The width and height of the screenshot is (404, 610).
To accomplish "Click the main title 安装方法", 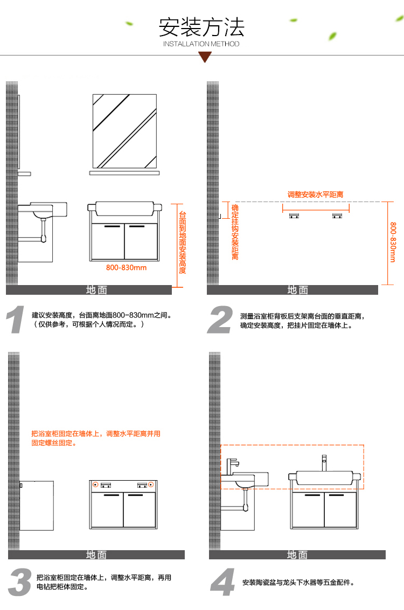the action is coord(201,26).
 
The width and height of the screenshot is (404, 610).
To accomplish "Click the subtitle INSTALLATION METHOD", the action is coord(201,44).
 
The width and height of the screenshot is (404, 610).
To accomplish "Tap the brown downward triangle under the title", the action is coord(205,57).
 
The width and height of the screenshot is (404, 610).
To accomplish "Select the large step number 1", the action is coord(16,320).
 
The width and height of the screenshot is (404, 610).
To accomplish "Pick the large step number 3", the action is coord(20,581).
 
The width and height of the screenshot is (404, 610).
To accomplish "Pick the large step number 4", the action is coord(222,581).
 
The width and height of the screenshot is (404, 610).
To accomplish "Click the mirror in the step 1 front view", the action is coord(124,131).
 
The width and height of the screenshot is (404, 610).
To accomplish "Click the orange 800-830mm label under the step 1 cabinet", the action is coord(126,267).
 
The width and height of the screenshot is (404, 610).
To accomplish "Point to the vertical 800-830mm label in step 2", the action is coord(393,242).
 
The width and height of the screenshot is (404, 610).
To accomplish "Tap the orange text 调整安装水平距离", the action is coord(316,195).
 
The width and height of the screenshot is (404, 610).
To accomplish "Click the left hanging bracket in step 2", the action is coord(294,216).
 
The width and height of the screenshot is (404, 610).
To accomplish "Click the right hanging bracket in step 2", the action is coord(337,216).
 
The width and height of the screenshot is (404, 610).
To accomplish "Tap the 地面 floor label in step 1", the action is coord(96,290).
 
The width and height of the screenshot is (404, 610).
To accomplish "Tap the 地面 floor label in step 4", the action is coord(297,554).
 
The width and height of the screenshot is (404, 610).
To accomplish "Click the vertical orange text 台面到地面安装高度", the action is coord(183,242).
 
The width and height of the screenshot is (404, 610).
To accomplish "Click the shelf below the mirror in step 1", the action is coord(124,174).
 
